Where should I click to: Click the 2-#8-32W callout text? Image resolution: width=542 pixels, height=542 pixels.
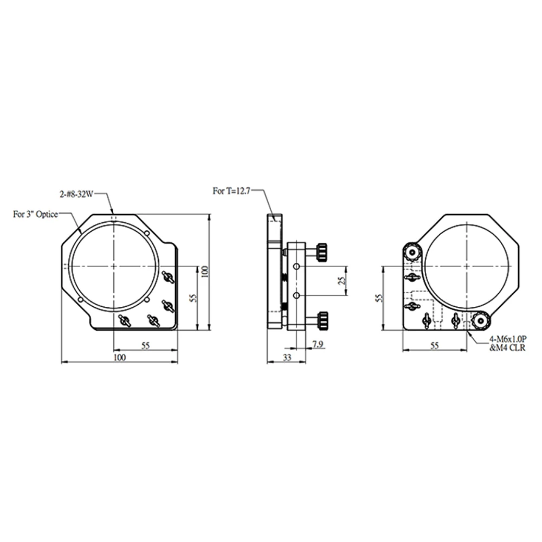(x=76, y=195)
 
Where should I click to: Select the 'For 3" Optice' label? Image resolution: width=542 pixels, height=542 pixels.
(x=35, y=214)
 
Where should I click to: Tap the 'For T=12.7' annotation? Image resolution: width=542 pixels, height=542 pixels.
(x=231, y=191)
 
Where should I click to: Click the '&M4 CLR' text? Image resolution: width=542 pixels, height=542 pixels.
(x=507, y=347)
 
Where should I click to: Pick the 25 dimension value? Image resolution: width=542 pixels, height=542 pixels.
(x=342, y=281)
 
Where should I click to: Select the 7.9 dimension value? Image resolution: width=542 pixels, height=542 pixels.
(x=318, y=344)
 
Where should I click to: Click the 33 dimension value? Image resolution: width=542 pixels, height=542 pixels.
(x=287, y=357)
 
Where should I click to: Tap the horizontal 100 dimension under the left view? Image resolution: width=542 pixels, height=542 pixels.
(x=120, y=357)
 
